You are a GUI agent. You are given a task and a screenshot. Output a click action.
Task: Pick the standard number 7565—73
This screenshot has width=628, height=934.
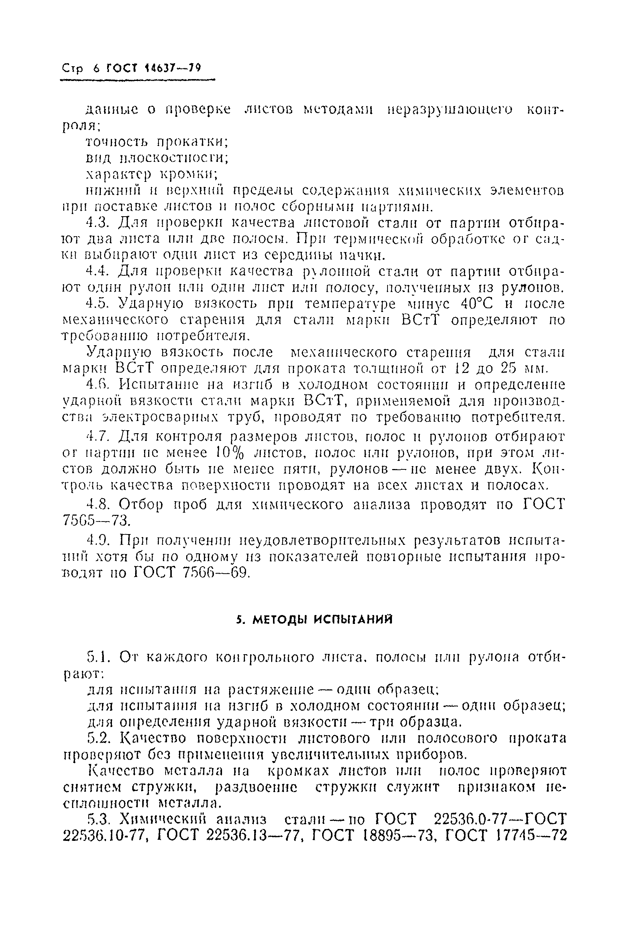coord(97,521)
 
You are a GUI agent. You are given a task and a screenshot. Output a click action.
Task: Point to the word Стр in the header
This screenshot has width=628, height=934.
coord(72,68)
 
